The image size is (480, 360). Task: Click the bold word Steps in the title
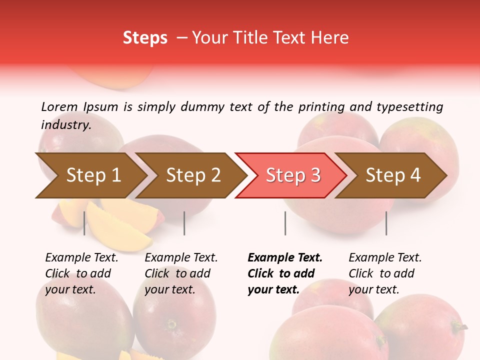pos(145,38)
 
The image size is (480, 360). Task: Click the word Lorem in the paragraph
pos(59,106)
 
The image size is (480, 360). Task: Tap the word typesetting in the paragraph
pos(409,107)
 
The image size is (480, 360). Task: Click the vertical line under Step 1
pos(84,223)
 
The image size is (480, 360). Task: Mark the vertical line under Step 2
pos(184,223)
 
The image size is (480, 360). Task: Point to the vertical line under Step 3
pos(285,223)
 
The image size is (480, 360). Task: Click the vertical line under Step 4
pos(386,223)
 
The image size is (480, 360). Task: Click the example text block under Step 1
pos(81,273)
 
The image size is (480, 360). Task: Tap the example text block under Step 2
pos(181,273)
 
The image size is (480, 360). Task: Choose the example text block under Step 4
pos(385,273)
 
